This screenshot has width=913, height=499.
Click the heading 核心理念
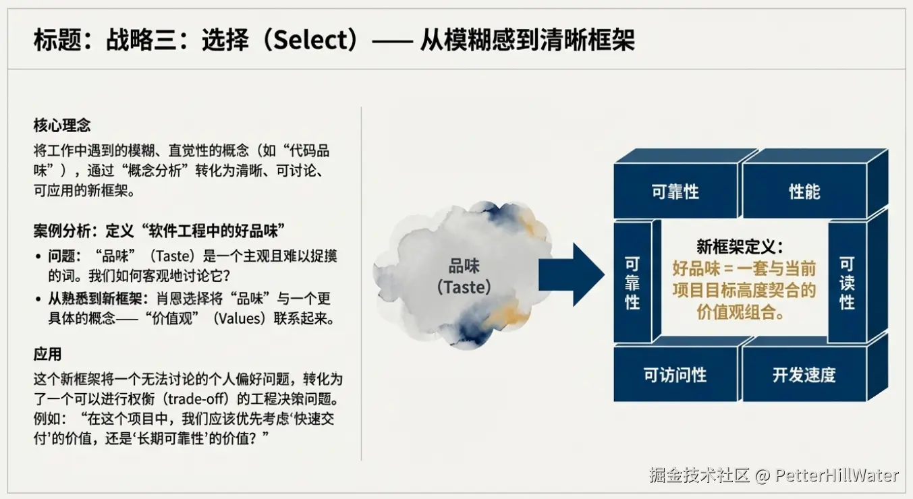(x=62, y=125)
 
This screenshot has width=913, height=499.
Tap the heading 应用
(x=47, y=354)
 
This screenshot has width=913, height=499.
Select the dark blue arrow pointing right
(x=572, y=274)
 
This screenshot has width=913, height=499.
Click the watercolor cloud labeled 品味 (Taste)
(x=464, y=275)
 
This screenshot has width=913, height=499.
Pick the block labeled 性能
(x=804, y=191)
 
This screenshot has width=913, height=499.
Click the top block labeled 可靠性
(x=675, y=191)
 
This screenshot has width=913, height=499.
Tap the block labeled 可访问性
(x=675, y=374)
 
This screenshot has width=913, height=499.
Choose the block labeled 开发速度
(x=804, y=374)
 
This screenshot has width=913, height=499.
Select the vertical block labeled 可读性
(x=847, y=283)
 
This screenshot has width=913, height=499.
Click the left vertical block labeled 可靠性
(x=632, y=283)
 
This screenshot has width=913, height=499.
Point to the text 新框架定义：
(x=740, y=246)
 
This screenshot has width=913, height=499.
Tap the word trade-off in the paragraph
(x=195, y=399)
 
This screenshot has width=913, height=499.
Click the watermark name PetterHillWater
(x=836, y=475)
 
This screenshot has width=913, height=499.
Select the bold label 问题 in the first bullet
(x=61, y=256)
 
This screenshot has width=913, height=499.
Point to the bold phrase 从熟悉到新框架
(x=95, y=299)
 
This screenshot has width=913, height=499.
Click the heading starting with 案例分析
(x=159, y=231)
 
